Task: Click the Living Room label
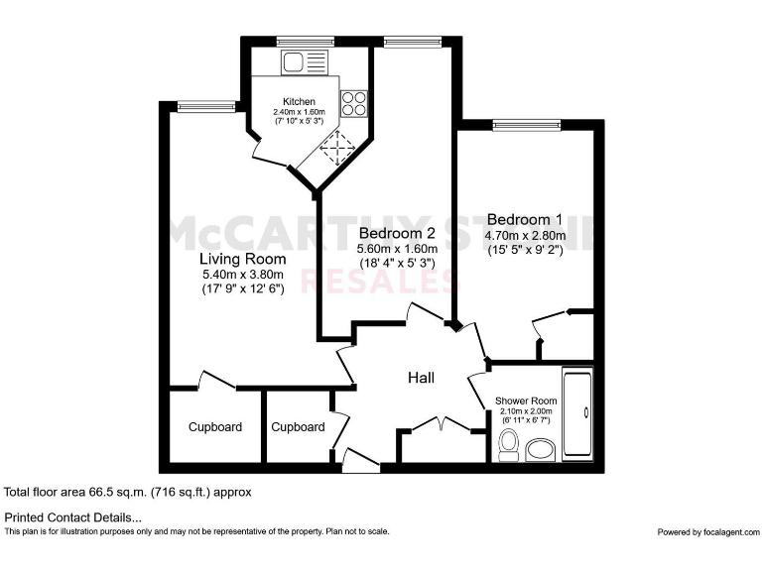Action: click(x=242, y=258)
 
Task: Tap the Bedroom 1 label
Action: click(x=525, y=219)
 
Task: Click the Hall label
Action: click(x=422, y=378)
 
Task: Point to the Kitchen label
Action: click(x=299, y=102)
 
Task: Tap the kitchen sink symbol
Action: click(x=302, y=62)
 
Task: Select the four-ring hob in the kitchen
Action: click(x=353, y=104)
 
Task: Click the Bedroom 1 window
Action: click(x=526, y=125)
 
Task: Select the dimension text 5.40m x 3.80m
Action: click(x=242, y=275)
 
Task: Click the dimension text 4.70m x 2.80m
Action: click(x=525, y=236)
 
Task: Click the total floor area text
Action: click(x=128, y=492)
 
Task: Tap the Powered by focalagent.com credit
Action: click(x=706, y=532)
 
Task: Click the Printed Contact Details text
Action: click(x=73, y=517)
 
